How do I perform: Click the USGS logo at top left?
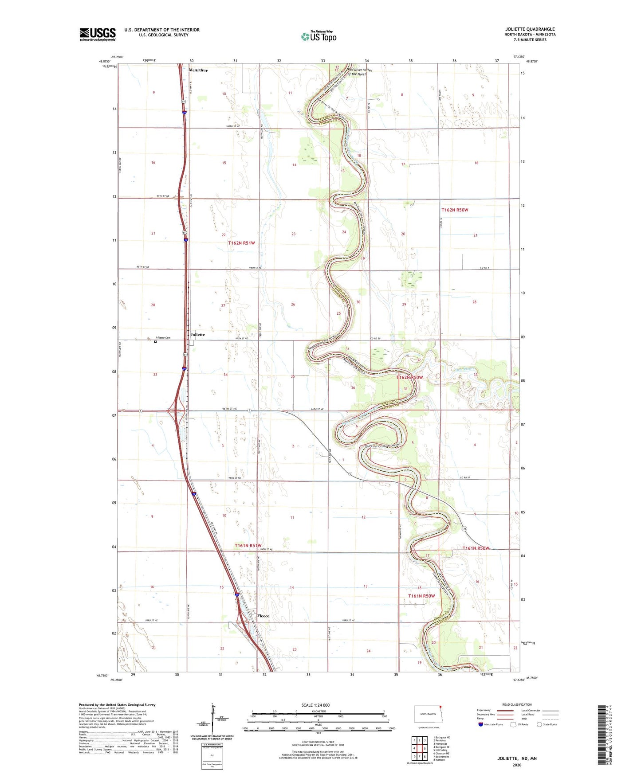point(98,34)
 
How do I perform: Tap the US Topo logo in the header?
point(319,36)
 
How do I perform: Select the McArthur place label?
point(198,70)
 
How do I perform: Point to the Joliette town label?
point(197,334)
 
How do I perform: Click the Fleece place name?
point(263,616)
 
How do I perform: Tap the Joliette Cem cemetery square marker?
point(155,342)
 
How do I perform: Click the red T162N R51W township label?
point(241,243)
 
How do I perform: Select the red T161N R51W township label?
point(248,546)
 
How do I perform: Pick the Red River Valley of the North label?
point(360,72)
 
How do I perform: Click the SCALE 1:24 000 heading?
point(315,705)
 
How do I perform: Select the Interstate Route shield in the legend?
point(481,724)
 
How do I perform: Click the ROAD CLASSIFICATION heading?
point(517,704)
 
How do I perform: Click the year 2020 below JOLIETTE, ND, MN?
point(517,765)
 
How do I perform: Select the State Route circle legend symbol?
point(539,724)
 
